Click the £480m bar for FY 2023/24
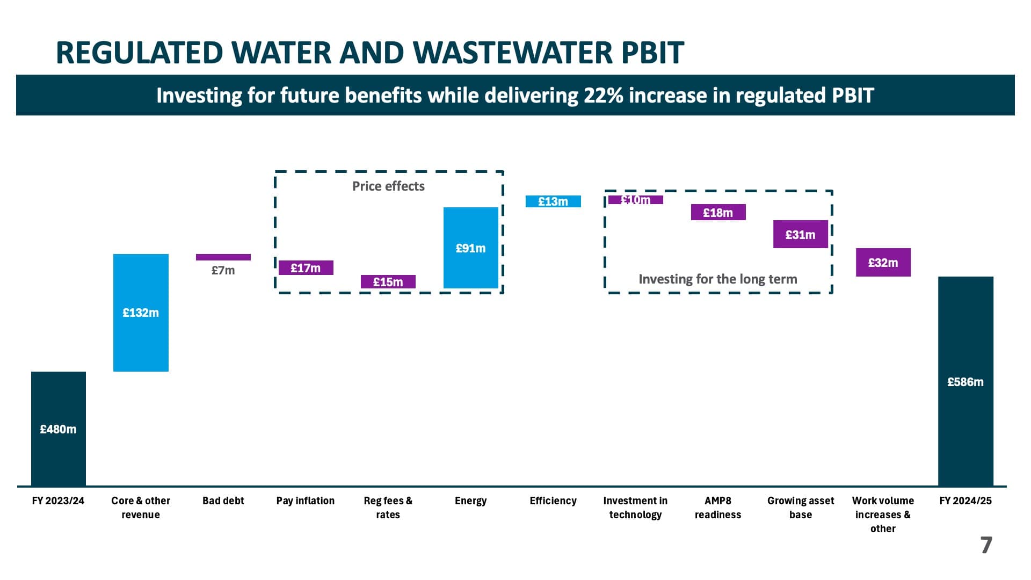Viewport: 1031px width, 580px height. pyautogui.click(x=59, y=429)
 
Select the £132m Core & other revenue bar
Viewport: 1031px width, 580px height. pyautogui.click(x=141, y=313)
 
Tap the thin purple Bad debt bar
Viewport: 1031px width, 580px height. pyautogui.click(x=223, y=257)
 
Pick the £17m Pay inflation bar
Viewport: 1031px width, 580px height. pyautogui.click(x=306, y=267)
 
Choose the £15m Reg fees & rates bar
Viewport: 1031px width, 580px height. pyautogui.click(x=388, y=281)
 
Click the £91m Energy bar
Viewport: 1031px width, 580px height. pyautogui.click(x=470, y=248)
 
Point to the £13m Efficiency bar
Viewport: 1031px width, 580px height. pyautogui.click(x=553, y=201)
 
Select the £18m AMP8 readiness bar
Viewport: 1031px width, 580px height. pyautogui.click(x=718, y=212)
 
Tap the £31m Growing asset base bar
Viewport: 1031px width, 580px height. pyautogui.click(x=800, y=234)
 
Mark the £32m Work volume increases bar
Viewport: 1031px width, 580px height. pyautogui.click(x=883, y=262)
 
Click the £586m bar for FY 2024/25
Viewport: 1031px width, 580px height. pyautogui.click(x=965, y=381)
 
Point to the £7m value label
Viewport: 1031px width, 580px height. pyautogui.click(x=223, y=270)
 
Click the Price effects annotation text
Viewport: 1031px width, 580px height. pyautogui.click(x=388, y=186)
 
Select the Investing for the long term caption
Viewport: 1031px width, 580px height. pyautogui.click(x=717, y=279)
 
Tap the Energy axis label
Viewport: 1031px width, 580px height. pyautogui.click(x=470, y=501)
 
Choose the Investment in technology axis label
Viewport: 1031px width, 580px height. pyautogui.click(x=635, y=508)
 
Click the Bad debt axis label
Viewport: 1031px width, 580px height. pyautogui.click(x=223, y=501)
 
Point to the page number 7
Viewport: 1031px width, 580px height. pyautogui.click(x=986, y=545)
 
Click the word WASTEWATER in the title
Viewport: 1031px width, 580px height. pyautogui.click(x=512, y=53)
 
